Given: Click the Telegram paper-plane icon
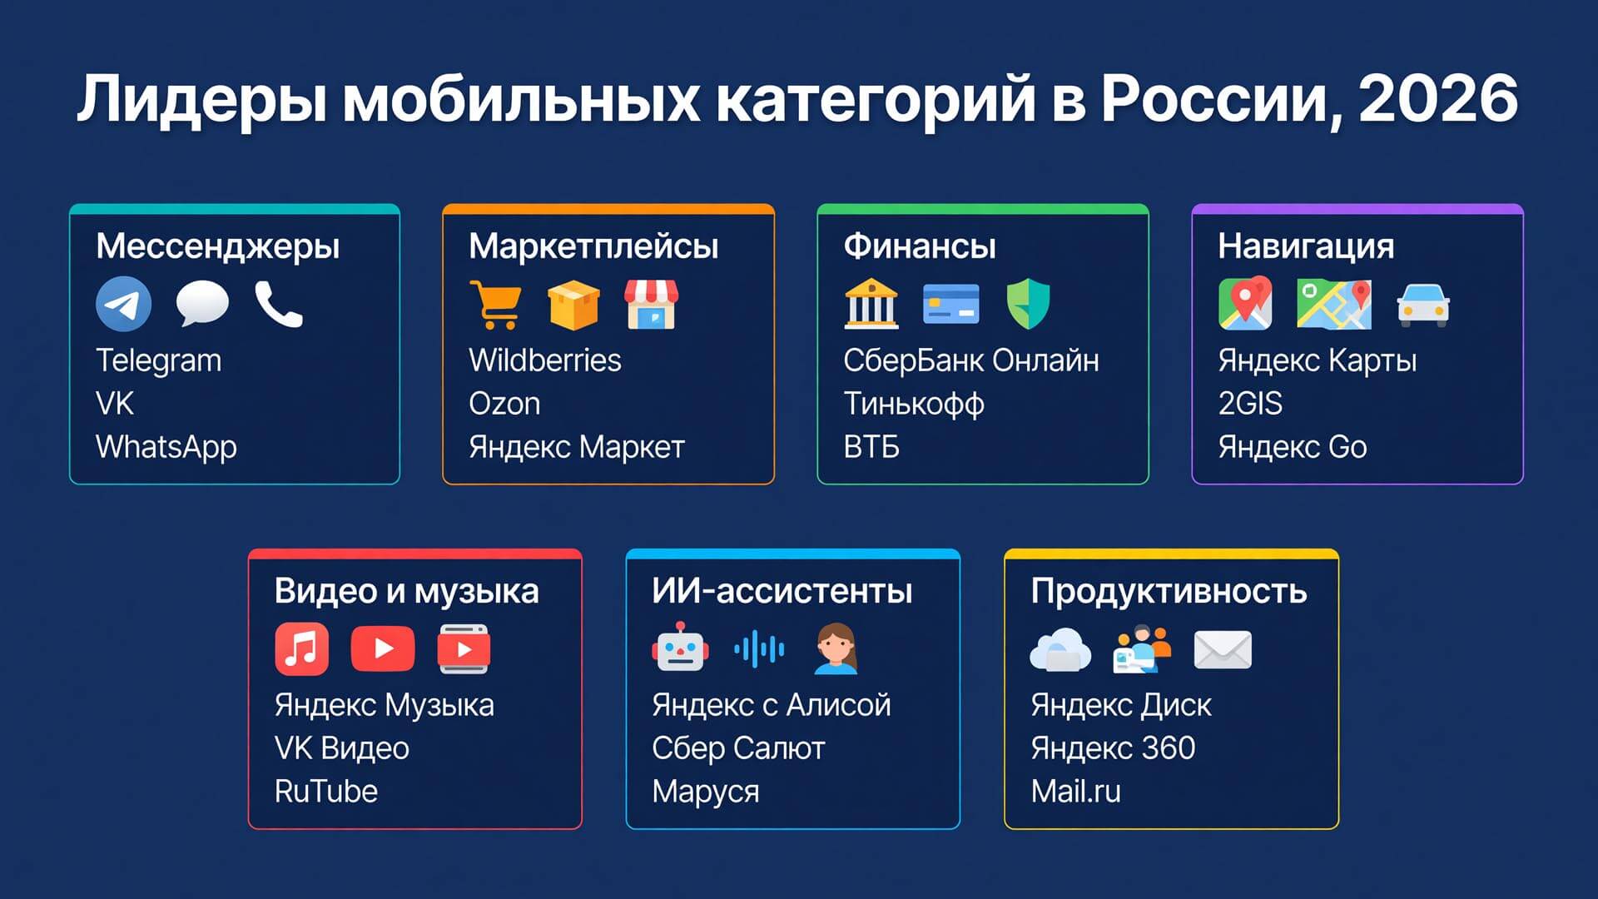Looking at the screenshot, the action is point(123,304).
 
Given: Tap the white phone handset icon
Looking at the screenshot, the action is point(279,304).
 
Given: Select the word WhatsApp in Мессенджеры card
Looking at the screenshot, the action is point(166,448).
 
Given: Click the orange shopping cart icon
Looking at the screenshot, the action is point(495,305).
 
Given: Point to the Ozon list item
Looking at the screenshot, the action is point(504,404).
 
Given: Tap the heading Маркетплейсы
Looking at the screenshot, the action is point(593,246).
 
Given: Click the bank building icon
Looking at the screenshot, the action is point(871,304).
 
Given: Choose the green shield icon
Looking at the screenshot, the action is point(1028,304).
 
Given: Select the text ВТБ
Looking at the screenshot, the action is point(871,448).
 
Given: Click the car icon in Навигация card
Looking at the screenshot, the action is point(1423,305).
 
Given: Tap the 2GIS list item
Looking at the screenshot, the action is point(1250,404).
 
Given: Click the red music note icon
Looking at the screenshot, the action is point(301,648).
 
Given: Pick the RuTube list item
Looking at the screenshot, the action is point(326,792).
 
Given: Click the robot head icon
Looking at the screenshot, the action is point(681,647).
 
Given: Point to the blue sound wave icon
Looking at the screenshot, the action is point(759,648).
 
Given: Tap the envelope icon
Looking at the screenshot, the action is point(1223,649).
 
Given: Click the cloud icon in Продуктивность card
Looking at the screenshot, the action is point(1060,649).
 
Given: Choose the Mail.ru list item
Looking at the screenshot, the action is point(1076,792).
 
